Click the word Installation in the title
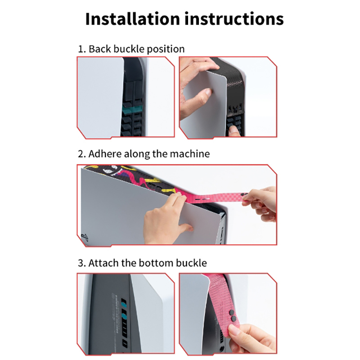click(x=132, y=18)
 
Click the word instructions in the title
click(x=234, y=18)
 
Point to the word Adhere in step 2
click(x=105, y=154)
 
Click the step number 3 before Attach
click(x=81, y=263)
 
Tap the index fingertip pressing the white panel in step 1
click(x=208, y=93)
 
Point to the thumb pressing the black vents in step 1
click(x=234, y=130)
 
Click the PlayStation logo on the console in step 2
click(x=85, y=237)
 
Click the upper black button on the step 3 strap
click(x=232, y=312)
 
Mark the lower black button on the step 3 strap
click(x=234, y=318)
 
